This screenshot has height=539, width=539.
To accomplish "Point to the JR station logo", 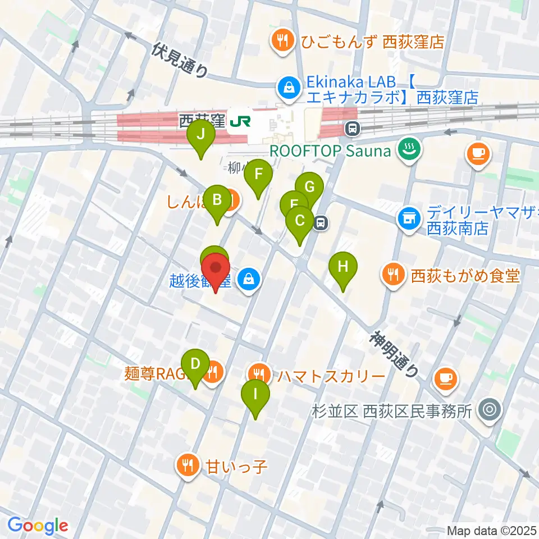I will point(240,121).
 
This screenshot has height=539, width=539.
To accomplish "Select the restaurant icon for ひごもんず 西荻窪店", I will point(280,40).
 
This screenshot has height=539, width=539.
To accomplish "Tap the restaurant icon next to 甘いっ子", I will point(186,464).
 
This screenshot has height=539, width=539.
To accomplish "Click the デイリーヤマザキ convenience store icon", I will point(409,217).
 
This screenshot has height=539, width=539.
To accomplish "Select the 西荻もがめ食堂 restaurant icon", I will point(391,274).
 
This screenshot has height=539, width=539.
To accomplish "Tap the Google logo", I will point(38,526).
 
